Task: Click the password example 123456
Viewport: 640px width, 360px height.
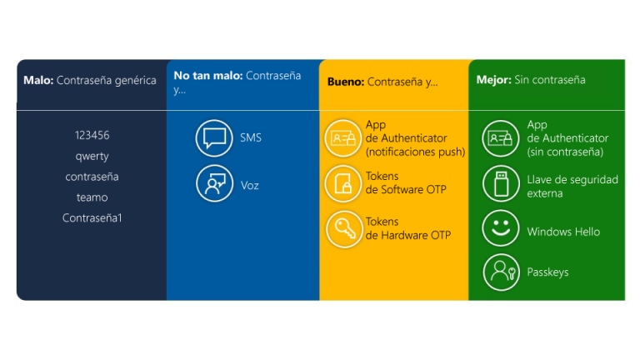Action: pyautogui.click(x=92, y=135)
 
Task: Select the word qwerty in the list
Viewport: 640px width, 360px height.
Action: pyautogui.click(x=92, y=157)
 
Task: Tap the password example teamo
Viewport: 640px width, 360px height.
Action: pyautogui.click(x=92, y=197)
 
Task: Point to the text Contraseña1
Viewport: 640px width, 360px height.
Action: pyautogui.click(x=92, y=218)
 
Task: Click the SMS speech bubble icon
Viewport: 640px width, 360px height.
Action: pyautogui.click(x=214, y=138)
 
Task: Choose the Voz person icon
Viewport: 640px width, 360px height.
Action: pyautogui.click(x=214, y=183)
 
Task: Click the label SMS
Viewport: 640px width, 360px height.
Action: pyautogui.click(x=251, y=137)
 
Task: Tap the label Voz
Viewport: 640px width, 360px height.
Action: pyautogui.click(x=250, y=186)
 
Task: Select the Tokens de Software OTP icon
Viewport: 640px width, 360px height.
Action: pyautogui.click(x=343, y=183)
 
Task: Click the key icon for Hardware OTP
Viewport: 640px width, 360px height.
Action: pyautogui.click(x=344, y=229)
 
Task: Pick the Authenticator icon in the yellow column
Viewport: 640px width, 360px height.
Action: pyautogui.click(x=343, y=138)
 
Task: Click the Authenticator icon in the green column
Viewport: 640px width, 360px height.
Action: pyautogui.click(x=500, y=138)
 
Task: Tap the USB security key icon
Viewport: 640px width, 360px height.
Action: pyautogui.click(x=501, y=183)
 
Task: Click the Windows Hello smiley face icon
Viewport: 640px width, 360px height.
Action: pyautogui.click(x=501, y=228)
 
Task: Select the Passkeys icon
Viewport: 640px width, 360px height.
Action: pyautogui.click(x=501, y=272)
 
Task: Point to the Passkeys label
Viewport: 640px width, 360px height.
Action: pyautogui.click(x=547, y=272)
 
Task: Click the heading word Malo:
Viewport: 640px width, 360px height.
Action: pyautogui.click(x=38, y=80)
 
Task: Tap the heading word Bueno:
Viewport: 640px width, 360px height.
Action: pyautogui.click(x=346, y=82)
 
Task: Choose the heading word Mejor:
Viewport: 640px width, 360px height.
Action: pyautogui.click(x=494, y=80)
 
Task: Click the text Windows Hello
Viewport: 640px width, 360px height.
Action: pyautogui.click(x=563, y=232)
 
